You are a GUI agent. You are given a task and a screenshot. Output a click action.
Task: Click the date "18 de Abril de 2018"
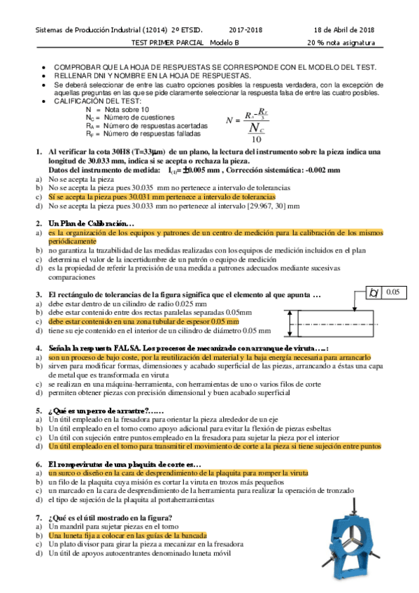click(344, 29)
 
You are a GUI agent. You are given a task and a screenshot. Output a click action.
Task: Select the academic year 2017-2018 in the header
click(246, 29)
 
